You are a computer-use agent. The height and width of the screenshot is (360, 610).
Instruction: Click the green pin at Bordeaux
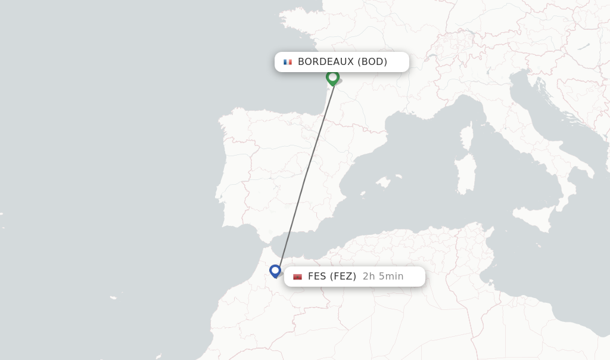(x=332, y=77)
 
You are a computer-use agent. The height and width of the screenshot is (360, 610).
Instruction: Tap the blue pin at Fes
(x=275, y=271)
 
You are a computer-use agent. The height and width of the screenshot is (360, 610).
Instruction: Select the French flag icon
(x=288, y=62)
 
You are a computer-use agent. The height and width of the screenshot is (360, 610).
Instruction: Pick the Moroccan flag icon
(x=298, y=277)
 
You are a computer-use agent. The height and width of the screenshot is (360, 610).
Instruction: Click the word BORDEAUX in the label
(x=325, y=62)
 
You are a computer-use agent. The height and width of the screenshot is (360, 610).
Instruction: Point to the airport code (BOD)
(x=372, y=62)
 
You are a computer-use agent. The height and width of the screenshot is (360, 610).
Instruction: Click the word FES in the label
(x=317, y=277)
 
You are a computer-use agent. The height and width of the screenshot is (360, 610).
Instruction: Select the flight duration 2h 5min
(x=383, y=277)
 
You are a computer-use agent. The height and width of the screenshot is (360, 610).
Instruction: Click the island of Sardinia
(x=465, y=176)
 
